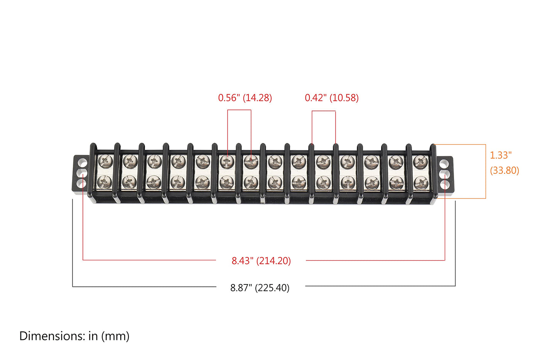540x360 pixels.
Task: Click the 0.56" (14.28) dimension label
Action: coord(245,98)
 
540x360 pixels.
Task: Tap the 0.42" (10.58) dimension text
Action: coord(332,98)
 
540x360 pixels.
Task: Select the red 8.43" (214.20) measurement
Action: coord(262,261)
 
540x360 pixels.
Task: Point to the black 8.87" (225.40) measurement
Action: coord(260,288)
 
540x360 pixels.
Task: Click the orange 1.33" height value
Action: coord(501,155)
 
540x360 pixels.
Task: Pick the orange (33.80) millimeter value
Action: coord(505,171)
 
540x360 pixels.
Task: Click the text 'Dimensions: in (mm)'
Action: coord(74,336)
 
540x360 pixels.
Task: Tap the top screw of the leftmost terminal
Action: coord(105,161)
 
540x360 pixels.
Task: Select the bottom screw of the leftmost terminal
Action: coord(105,182)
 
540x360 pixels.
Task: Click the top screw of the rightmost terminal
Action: coord(420,161)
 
